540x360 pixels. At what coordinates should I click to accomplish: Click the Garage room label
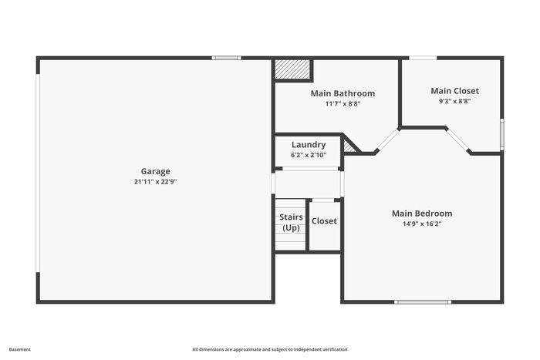coord(155,171)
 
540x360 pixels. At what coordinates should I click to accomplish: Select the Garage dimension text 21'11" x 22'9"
coord(155,182)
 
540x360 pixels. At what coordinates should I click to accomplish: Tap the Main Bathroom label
coord(343,93)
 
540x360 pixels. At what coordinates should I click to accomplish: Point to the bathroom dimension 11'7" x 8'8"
coord(343,103)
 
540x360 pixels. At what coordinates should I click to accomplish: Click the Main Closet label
coord(454,91)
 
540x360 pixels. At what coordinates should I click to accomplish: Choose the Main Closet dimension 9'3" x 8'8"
coord(454,101)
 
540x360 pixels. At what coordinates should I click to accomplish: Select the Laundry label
coord(309,145)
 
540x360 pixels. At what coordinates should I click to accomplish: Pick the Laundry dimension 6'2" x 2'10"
coord(309,155)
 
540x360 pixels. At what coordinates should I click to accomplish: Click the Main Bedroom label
coord(422,214)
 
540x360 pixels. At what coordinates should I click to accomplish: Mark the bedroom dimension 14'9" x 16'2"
coord(422,224)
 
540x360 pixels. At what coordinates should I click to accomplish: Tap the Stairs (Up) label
coord(291,222)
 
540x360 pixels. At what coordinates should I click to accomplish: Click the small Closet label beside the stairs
coord(324,221)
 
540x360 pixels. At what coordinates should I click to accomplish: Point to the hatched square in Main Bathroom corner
coord(292,69)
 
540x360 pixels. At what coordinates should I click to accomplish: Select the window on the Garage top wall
coord(226,58)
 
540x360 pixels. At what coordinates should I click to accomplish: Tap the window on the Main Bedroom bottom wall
coord(423,302)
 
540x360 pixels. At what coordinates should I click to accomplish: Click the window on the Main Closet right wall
coord(501,134)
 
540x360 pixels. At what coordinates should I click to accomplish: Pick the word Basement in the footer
coord(19,349)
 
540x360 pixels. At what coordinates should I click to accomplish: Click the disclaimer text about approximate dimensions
coord(270,349)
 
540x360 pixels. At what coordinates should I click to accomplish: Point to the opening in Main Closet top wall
coord(423,58)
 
